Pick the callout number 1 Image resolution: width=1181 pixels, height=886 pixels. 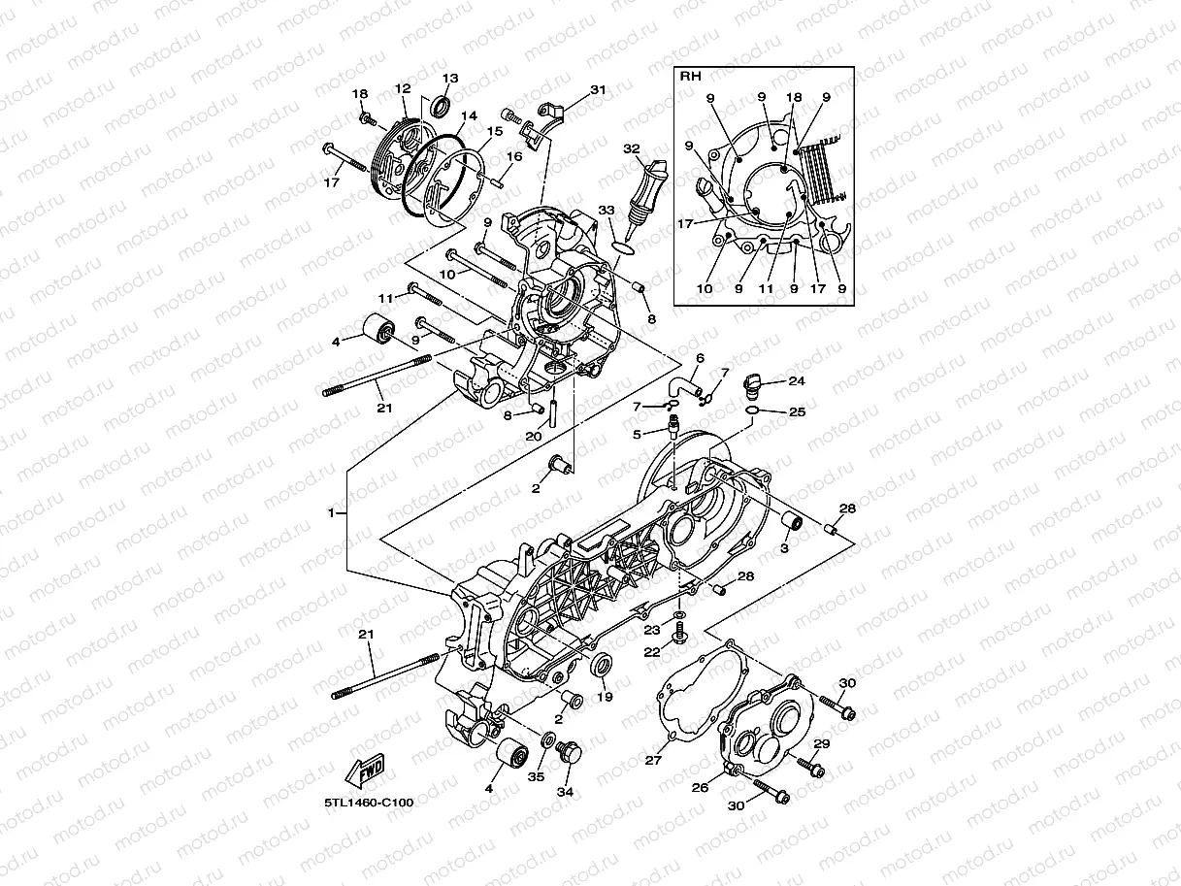click(x=332, y=512)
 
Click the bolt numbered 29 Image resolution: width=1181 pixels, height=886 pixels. click(x=810, y=770)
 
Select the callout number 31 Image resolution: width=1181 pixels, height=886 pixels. click(x=598, y=89)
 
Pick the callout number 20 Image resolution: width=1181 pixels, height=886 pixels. click(x=533, y=436)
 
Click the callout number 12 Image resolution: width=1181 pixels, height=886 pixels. click(x=403, y=88)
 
